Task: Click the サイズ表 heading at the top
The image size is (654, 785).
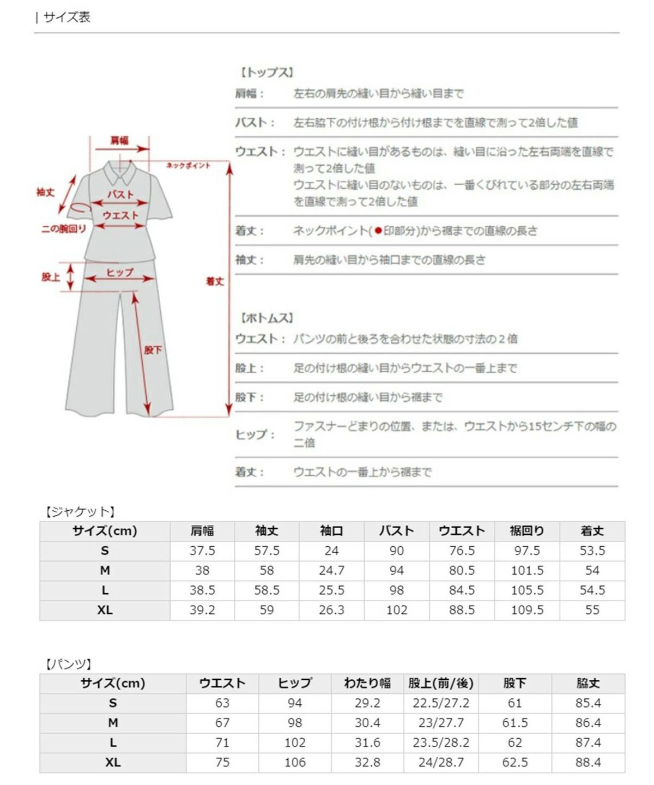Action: click(x=66, y=17)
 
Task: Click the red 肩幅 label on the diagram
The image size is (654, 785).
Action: click(x=119, y=140)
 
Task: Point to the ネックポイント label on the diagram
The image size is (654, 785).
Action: click(x=188, y=165)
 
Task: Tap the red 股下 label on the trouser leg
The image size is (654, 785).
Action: click(x=153, y=350)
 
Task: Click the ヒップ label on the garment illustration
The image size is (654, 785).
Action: click(x=119, y=272)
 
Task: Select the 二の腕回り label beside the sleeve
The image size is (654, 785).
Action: click(x=64, y=229)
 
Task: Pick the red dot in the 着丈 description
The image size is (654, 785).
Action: click(x=378, y=231)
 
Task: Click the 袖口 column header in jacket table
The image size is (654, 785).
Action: click(x=331, y=531)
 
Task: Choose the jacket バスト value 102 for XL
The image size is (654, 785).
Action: click(x=397, y=610)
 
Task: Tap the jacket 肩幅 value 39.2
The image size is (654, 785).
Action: click(x=202, y=610)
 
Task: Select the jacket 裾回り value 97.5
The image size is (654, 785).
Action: click(x=527, y=551)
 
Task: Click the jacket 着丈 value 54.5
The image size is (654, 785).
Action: click(x=592, y=590)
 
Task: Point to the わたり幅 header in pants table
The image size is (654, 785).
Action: click(x=367, y=683)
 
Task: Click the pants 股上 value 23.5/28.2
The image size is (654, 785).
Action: click(x=441, y=742)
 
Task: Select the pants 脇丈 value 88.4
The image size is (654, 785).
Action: click(x=588, y=762)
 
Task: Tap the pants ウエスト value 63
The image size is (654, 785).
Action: click(x=222, y=703)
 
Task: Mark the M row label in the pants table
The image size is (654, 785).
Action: click(x=113, y=723)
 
